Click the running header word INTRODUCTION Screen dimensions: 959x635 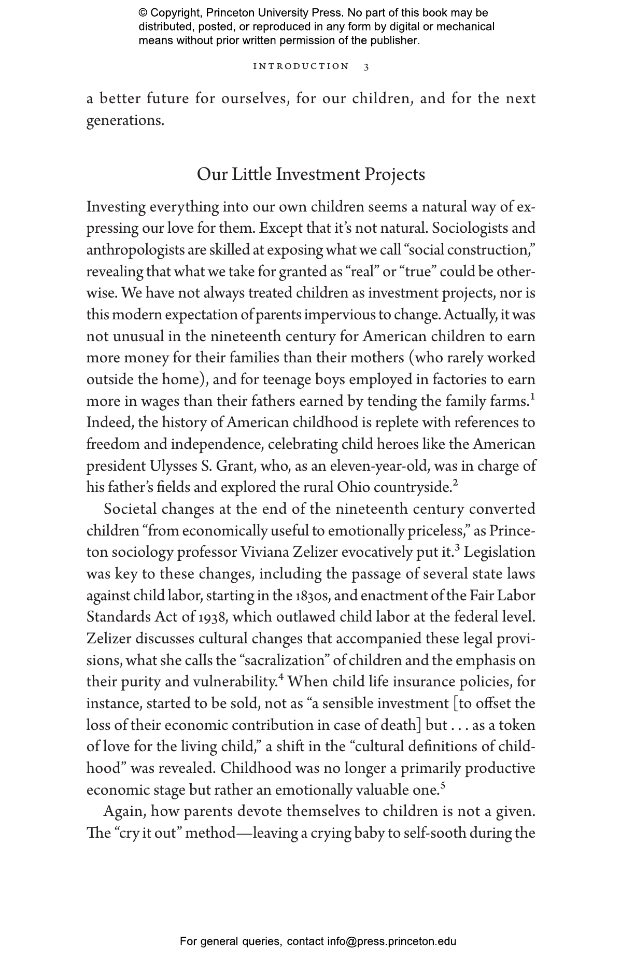pyautogui.click(x=301, y=66)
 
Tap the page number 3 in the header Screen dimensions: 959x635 pyautogui.click(x=366, y=67)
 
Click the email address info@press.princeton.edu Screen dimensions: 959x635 pyautogui.click(x=391, y=941)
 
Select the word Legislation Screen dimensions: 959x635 pyautogui.click(x=499, y=553)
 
